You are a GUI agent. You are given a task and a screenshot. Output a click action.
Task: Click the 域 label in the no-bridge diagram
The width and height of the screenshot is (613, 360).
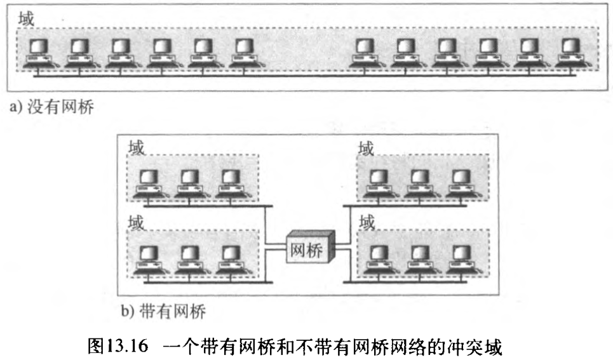(25, 17)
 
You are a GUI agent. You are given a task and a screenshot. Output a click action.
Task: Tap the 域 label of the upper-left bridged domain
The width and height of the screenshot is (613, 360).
(136, 148)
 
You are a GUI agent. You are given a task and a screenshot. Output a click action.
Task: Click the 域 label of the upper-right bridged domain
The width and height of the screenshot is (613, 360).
(367, 148)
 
